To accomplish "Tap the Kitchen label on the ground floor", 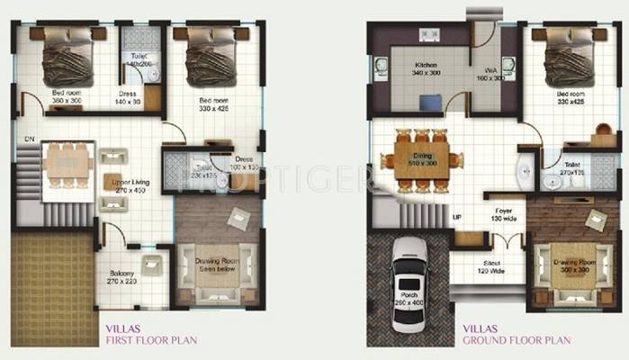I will pos(426,65).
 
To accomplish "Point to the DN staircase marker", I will pos(29,139).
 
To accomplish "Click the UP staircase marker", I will pos(456,218).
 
